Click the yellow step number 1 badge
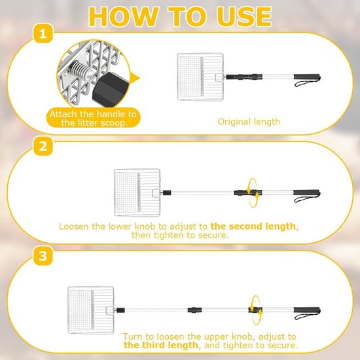[43, 34]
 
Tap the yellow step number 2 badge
[43, 146]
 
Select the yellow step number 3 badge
[43, 256]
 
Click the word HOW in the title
[124, 17]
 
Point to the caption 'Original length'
[249, 122]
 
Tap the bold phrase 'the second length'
[253, 226]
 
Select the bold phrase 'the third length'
[161, 345]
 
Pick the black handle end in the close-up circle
[111, 89]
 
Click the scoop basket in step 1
[200, 77]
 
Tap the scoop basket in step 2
[137, 192]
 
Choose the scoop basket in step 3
[91, 310]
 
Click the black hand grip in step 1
[307, 77]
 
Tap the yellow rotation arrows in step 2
[253, 193]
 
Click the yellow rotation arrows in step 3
[256, 310]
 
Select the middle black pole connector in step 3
[194, 310]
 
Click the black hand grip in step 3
[307, 310]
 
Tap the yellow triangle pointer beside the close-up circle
[135, 79]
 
